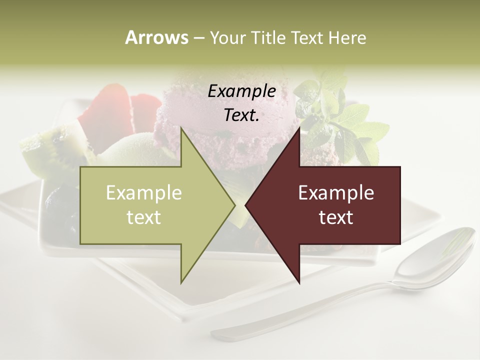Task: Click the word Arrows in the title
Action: [156, 37]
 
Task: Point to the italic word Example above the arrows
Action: [242, 91]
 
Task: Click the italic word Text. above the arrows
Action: [242, 115]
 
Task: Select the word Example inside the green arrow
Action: [144, 193]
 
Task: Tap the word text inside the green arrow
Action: [144, 217]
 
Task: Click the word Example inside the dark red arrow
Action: [336, 193]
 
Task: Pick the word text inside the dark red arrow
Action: [336, 217]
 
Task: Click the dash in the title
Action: [198, 38]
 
